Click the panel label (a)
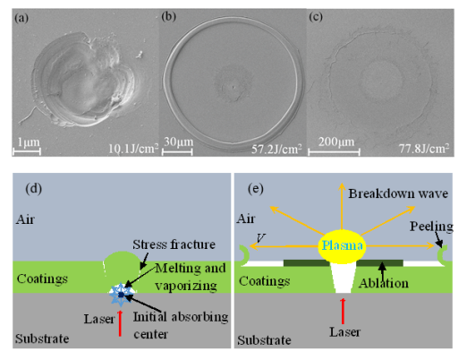pyautogui.click(x=21, y=18)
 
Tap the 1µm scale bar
pyautogui.click(x=27, y=151)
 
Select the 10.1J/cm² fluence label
pyautogui.click(x=133, y=148)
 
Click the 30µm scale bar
pyautogui.click(x=177, y=151)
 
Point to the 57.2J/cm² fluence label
pyautogui.click(x=276, y=149)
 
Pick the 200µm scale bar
pyautogui.click(x=334, y=152)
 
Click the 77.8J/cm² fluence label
pyautogui.click(x=424, y=148)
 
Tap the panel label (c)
pyautogui.click(x=316, y=17)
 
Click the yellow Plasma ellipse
pyautogui.click(x=342, y=246)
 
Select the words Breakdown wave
pyautogui.click(x=398, y=193)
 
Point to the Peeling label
pyautogui.click(x=431, y=227)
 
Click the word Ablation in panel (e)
pyautogui.click(x=384, y=283)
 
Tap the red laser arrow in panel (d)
pyautogui.click(x=120, y=323)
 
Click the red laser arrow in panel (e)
pyautogui.click(x=343, y=311)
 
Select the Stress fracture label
pyautogui.click(x=174, y=244)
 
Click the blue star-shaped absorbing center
pyautogui.click(x=121, y=295)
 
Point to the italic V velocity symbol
pyautogui.click(x=260, y=238)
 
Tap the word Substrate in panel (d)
pyautogui.click(x=42, y=339)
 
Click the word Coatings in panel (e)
pyautogui.click(x=264, y=281)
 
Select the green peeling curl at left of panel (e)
pyautogui.click(x=244, y=254)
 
